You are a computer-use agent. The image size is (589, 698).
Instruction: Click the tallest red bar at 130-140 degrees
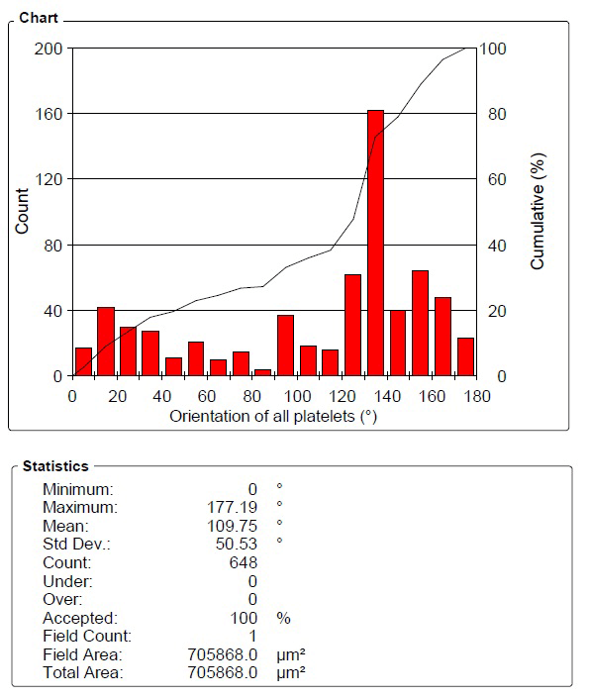click(x=375, y=243)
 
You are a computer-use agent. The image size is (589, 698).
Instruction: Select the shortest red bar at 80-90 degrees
click(x=262, y=372)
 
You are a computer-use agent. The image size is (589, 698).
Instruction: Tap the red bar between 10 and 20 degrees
click(x=106, y=342)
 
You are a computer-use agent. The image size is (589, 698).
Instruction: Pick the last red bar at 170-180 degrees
click(x=465, y=357)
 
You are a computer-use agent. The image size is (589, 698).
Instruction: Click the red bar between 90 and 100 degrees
click(x=285, y=346)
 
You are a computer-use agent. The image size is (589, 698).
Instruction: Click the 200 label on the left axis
click(x=49, y=49)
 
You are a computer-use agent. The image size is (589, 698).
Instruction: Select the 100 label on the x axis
click(x=297, y=396)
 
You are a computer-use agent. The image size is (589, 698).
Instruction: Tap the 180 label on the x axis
click(x=477, y=396)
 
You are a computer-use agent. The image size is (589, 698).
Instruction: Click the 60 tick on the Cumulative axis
click(x=497, y=179)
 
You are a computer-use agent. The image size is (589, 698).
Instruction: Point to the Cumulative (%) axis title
click(x=538, y=211)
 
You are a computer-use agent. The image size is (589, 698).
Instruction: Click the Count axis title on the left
click(x=22, y=211)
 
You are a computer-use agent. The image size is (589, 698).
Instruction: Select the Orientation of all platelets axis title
click(x=273, y=417)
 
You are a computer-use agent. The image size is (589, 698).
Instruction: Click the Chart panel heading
click(x=39, y=18)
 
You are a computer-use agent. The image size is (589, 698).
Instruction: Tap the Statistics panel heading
click(x=55, y=466)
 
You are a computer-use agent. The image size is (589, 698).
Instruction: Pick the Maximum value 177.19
click(x=232, y=507)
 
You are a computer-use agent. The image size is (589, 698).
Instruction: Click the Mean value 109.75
click(x=232, y=526)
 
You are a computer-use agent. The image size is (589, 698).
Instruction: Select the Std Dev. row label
click(x=76, y=544)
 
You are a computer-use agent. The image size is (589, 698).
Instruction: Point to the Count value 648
click(x=244, y=562)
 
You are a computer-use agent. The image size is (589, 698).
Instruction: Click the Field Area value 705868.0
click(x=222, y=654)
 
